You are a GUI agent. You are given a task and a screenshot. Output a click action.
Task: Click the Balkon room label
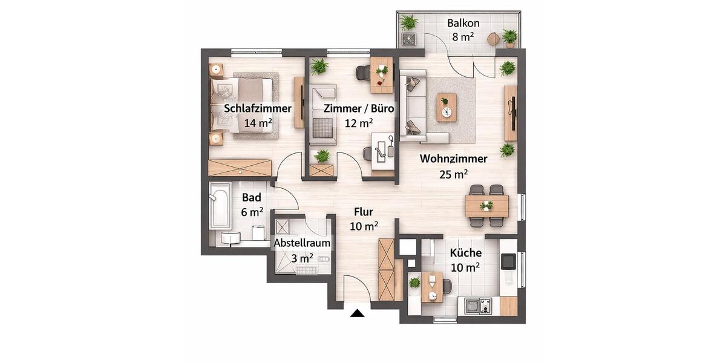point(463,24)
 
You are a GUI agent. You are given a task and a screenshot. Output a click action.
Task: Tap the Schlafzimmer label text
point(258,110)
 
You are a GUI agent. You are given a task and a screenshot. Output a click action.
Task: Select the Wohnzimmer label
point(454,159)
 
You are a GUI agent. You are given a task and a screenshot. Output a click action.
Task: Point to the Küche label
point(465,253)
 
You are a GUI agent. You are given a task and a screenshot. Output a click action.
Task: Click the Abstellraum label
point(302,243)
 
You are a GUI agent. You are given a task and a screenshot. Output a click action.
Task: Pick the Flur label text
point(364,212)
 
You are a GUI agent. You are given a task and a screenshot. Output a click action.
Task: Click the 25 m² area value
point(453,175)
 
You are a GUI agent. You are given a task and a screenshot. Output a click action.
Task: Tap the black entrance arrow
point(358,313)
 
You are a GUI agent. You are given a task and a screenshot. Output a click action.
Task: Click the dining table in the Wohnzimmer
point(487,206)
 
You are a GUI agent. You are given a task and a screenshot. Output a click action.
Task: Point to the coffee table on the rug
point(447,107)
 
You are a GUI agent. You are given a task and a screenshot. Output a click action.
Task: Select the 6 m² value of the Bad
point(252,212)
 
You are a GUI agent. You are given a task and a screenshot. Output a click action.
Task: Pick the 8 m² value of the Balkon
point(463,36)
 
